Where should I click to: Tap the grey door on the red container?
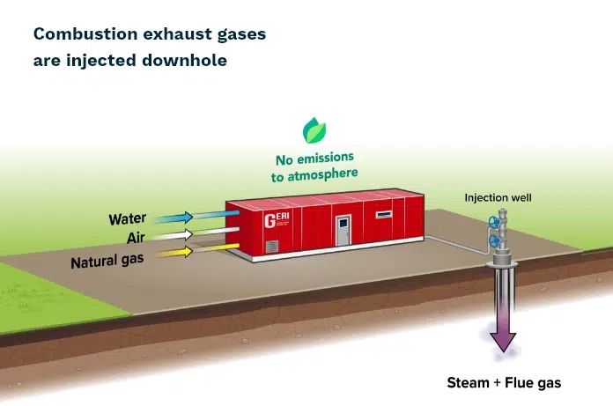point(343,231)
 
